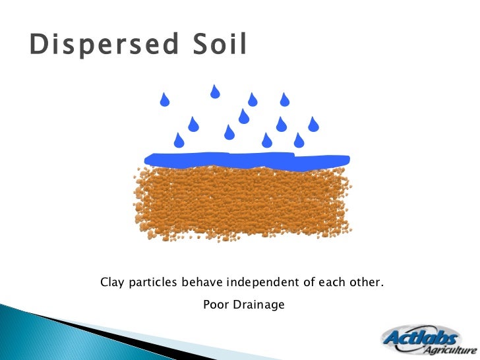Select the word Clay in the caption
coord(111,283)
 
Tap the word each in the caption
coord(330,283)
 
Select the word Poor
coord(214,305)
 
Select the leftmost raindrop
coord(165,100)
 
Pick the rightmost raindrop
coord(314,123)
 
